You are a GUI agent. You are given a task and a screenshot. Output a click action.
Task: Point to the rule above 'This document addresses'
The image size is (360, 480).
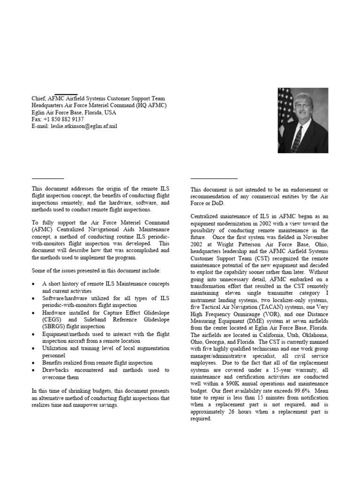[x=47, y=179]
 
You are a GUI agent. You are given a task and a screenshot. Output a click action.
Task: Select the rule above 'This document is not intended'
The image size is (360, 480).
[x=214, y=179]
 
